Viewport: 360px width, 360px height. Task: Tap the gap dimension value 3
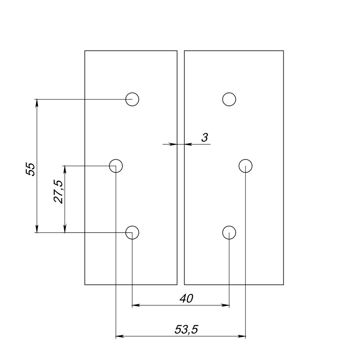[x=205, y=138]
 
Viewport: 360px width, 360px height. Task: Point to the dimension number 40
[x=186, y=298]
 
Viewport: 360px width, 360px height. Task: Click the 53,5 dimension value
[x=186, y=330]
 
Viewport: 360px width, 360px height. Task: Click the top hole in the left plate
[x=132, y=99]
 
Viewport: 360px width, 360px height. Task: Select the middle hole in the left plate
[x=116, y=166]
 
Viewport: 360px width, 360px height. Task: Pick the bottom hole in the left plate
[x=132, y=232]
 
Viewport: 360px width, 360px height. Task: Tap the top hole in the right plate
[x=229, y=99]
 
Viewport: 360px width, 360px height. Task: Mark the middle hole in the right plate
[x=246, y=166]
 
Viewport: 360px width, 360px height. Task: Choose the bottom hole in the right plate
[x=229, y=232]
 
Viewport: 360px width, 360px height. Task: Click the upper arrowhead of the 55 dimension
[x=37, y=103]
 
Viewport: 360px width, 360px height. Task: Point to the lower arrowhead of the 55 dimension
[x=37, y=229]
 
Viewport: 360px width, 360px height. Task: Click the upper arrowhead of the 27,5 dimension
[x=64, y=169]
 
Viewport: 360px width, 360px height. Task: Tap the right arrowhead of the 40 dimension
[x=226, y=305]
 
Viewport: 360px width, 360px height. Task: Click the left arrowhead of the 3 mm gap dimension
[x=173, y=144]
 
